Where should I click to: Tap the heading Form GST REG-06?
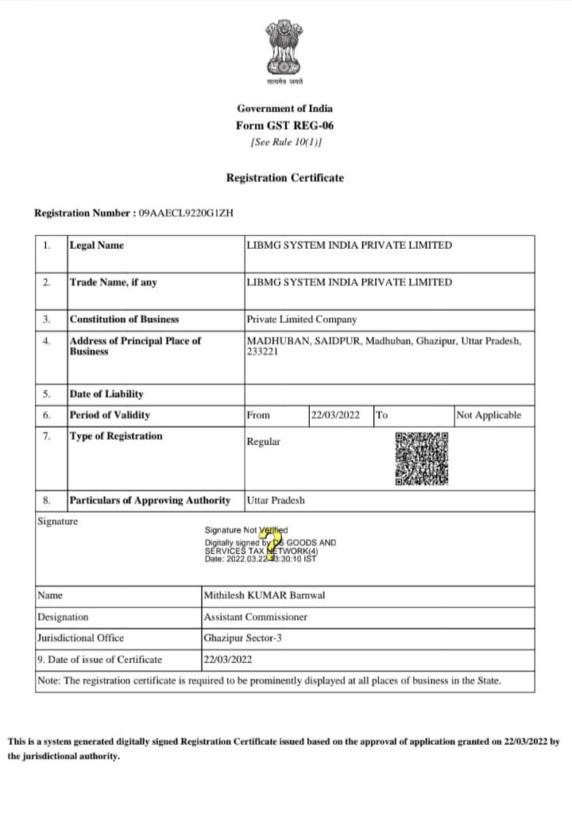click(x=284, y=126)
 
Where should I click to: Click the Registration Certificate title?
click(x=285, y=178)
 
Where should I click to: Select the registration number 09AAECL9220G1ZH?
click(x=185, y=213)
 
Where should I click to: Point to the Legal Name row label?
click(x=97, y=245)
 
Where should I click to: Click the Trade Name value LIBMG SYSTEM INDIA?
click(x=349, y=282)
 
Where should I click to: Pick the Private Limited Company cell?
click(x=301, y=320)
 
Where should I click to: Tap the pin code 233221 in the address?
click(x=262, y=352)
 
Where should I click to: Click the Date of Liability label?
click(x=106, y=393)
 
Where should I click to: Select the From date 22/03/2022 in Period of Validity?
click(x=335, y=415)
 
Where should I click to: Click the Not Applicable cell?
click(x=489, y=415)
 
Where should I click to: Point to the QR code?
click(x=421, y=459)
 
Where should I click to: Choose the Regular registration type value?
click(x=263, y=442)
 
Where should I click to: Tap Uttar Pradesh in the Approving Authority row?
click(x=276, y=501)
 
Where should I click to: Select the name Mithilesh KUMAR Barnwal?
click(x=265, y=595)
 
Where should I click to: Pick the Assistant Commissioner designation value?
click(x=255, y=617)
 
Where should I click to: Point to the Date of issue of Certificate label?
click(x=99, y=659)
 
